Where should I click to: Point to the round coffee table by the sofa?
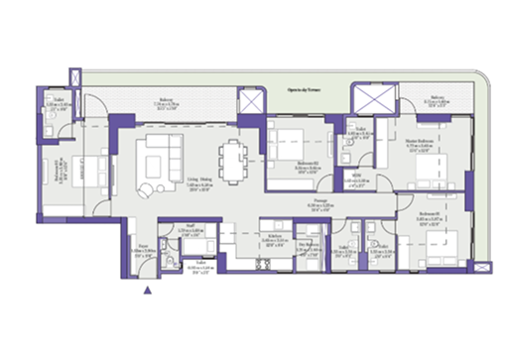(146, 188)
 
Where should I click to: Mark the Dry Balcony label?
(308, 243)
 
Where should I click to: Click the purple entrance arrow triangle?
(148, 290)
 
